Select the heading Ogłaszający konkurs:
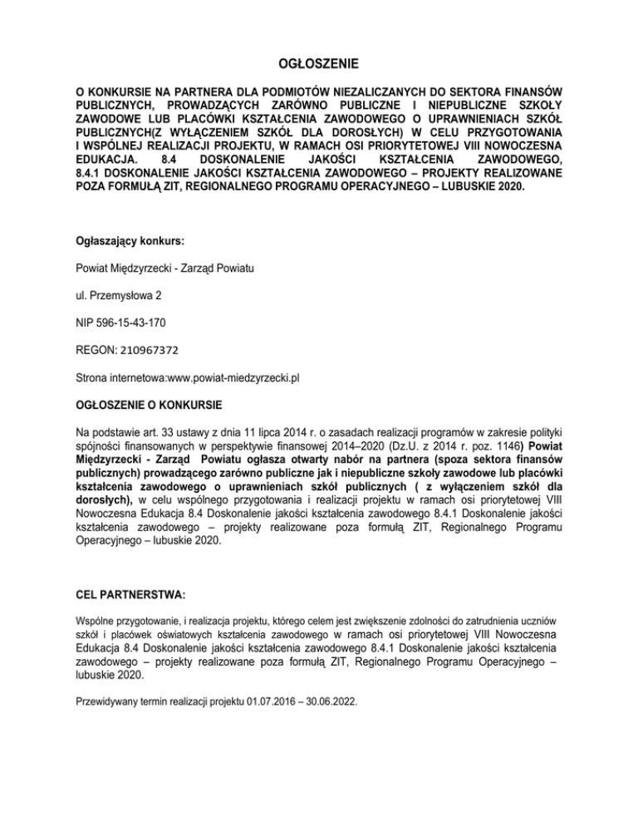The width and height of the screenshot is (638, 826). coord(129,242)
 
